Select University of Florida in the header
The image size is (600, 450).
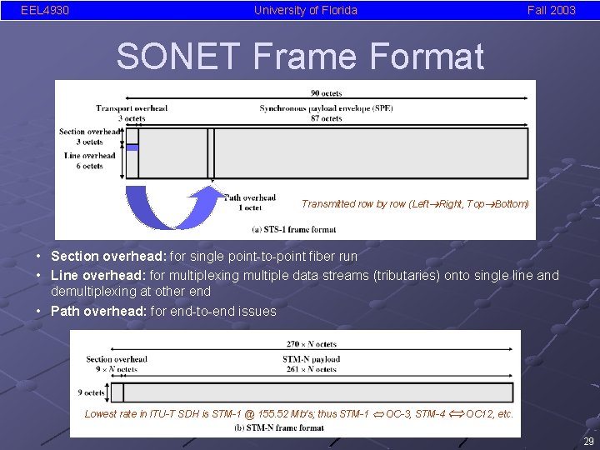click(x=305, y=10)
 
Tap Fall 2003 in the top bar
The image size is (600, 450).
click(x=551, y=10)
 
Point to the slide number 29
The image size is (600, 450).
click(x=589, y=442)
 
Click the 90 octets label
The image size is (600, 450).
click(x=326, y=93)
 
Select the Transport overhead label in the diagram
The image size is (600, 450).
click(x=131, y=108)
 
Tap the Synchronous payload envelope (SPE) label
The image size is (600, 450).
click(x=326, y=108)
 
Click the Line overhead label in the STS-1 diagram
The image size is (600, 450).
click(x=89, y=156)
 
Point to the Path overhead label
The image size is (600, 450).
click(x=251, y=197)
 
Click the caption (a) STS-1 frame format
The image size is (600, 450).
click(x=294, y=229)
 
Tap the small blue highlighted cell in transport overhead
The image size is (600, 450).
click(x=132, y=147)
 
